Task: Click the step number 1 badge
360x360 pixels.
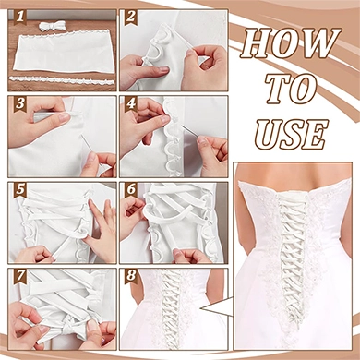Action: (19, 18)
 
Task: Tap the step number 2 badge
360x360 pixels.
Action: (131, 18)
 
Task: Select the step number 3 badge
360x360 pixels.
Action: (19, 103)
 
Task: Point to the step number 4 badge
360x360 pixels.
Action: (131, 103)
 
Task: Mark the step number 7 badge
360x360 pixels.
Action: (19, 276)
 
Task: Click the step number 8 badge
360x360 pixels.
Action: (131, 276)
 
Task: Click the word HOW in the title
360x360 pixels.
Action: (291, 43)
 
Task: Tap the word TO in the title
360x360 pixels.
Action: (291, 89)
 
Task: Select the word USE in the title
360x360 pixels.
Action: (291, 133)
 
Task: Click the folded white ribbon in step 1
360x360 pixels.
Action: (53, 25)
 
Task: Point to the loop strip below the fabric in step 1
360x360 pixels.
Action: (61, 80)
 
